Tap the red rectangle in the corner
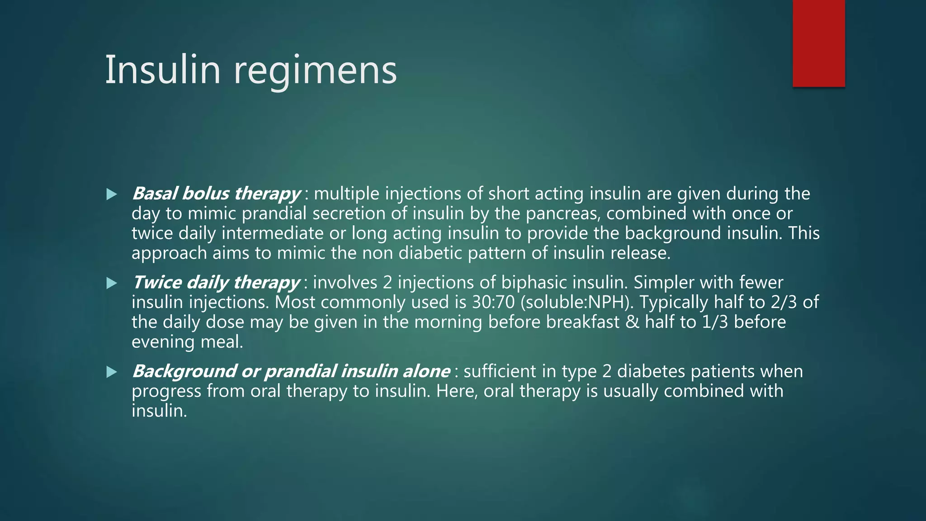[x=818, y=43]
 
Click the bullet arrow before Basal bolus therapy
[x=111, y=194]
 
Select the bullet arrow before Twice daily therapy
[x=111, y=284]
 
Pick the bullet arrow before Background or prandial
[x=111, y=372]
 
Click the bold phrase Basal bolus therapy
[x=216, y=194]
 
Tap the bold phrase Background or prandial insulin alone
[x=291, y=372]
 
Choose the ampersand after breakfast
[x=632, y=322]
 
